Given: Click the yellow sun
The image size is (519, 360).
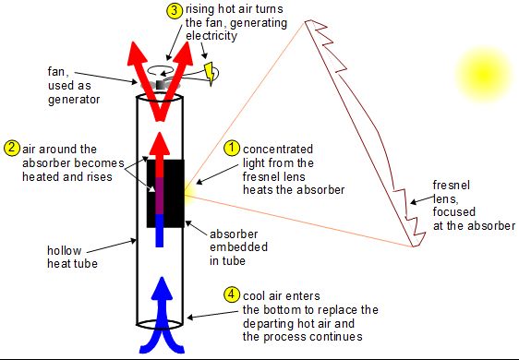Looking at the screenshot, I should click(480, 68).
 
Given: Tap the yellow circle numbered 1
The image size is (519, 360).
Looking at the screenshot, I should click(233, 148).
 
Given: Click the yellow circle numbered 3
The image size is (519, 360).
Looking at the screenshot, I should click(175, 11).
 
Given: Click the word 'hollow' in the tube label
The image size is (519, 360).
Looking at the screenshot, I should click(65, 248).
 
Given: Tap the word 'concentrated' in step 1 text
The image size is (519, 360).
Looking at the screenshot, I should click(278, 148).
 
